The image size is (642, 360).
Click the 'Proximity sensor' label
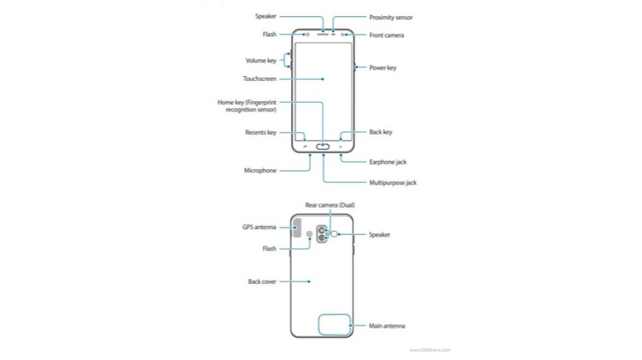(x=391, y=17)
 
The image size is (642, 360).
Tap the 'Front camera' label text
(x=386, y=35)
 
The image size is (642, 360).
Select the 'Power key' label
(x=382, y=68)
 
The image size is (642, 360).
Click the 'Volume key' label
(x=260, y=61)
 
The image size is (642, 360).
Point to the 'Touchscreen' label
(x=260, y=79)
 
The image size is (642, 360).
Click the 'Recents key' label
(x=260, y=132)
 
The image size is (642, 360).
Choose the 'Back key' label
(x=381, y=132)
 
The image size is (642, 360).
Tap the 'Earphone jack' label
(x=388, y=162)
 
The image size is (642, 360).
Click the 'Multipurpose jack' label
(x=393, y=183)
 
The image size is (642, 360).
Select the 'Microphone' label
(x=260, y=171)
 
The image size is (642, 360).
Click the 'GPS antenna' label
(x=259, y=227)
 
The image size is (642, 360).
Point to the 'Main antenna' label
(x=387, y=326)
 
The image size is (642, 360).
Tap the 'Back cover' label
(x=262, y=281)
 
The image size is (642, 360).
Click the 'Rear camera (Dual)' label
(x=329, y=206)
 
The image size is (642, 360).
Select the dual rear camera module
(x=321, y=233)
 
